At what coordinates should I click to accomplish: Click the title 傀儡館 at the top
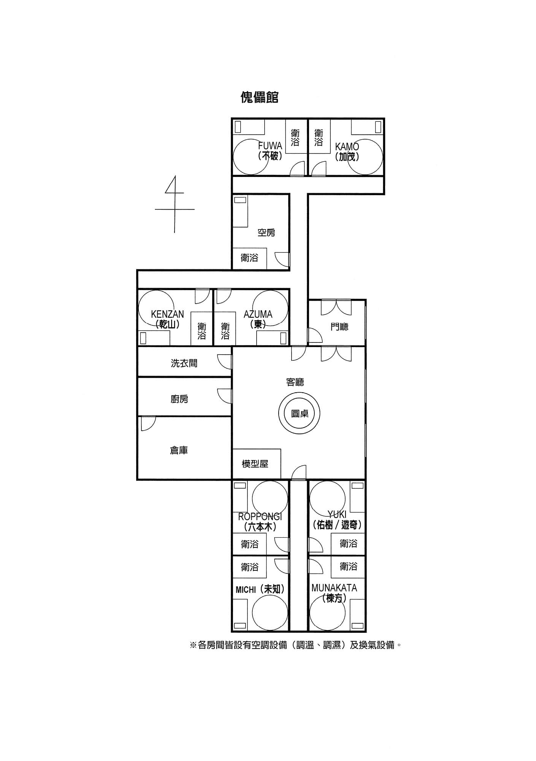[260, 97]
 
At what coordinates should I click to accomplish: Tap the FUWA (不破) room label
[270, 151]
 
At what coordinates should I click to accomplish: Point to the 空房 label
[266, 232]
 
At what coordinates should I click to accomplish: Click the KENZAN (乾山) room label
[167, 319]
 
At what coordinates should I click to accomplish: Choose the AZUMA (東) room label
[258, 319]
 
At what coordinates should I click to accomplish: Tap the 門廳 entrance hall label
[339, 326]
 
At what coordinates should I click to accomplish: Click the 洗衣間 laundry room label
[184, 363]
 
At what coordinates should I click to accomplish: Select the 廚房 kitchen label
[179, 399]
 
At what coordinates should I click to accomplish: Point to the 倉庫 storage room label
[179, 451]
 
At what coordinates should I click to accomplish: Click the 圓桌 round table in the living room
[300, 413]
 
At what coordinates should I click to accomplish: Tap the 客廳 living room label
[295, 382]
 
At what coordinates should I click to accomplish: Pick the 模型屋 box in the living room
[257, 464]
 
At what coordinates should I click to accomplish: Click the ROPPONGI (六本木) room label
[260, 522]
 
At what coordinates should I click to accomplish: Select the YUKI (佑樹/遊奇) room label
[337, 520]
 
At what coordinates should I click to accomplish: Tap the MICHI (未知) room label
[260, 589]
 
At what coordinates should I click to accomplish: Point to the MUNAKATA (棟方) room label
[334, 593]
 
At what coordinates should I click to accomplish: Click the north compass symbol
[175, 204]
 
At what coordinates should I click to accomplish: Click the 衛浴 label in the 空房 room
[249, 258]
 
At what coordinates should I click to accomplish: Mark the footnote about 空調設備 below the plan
[295, 645]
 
